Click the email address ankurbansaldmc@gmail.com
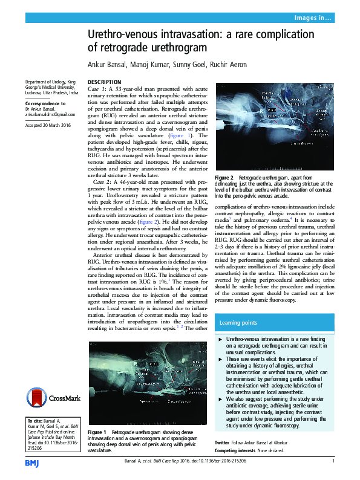tap(50, 114)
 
